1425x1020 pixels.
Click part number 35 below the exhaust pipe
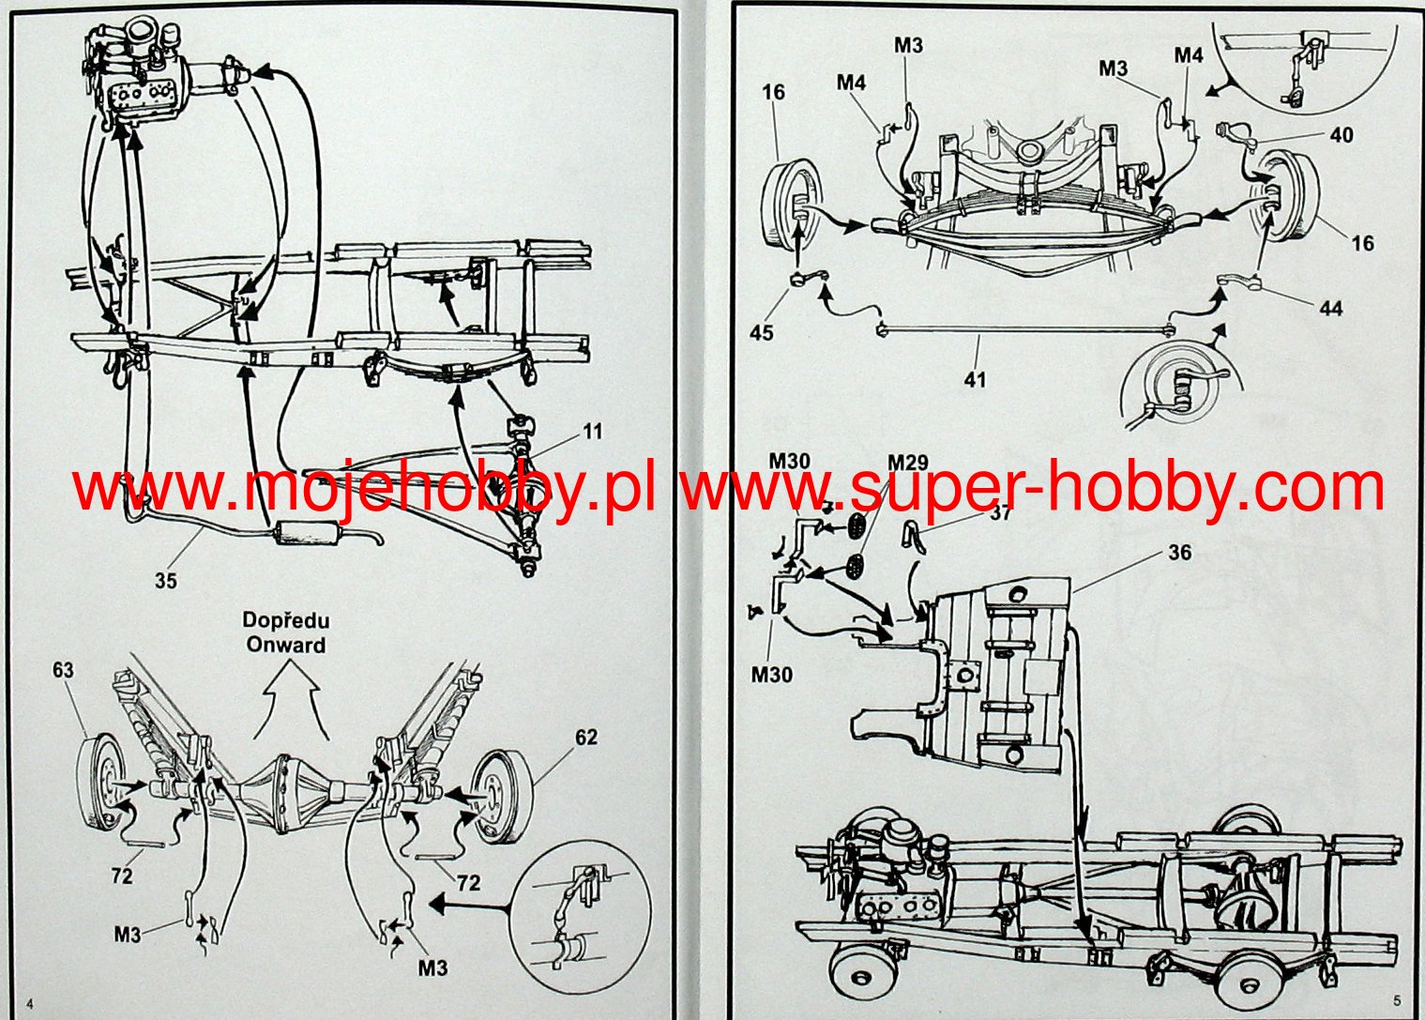click(165, 581)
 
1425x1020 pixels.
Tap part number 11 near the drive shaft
click(592, 432)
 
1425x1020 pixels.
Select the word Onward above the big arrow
click(286, 646)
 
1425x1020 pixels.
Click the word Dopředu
click(286, 620)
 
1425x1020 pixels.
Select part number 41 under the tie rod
click(976, 379)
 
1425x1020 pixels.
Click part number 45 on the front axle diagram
click(762, 332)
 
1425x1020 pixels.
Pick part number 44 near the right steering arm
click(1330, 308)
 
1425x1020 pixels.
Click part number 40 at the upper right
click(1342, 135)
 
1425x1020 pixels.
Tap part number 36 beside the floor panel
click(1179, 553)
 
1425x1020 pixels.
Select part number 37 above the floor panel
click(1001, 512)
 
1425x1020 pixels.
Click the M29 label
click(907, 462)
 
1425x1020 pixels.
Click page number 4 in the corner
click(30, 1003)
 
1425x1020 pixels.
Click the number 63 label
click(63, 671)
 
